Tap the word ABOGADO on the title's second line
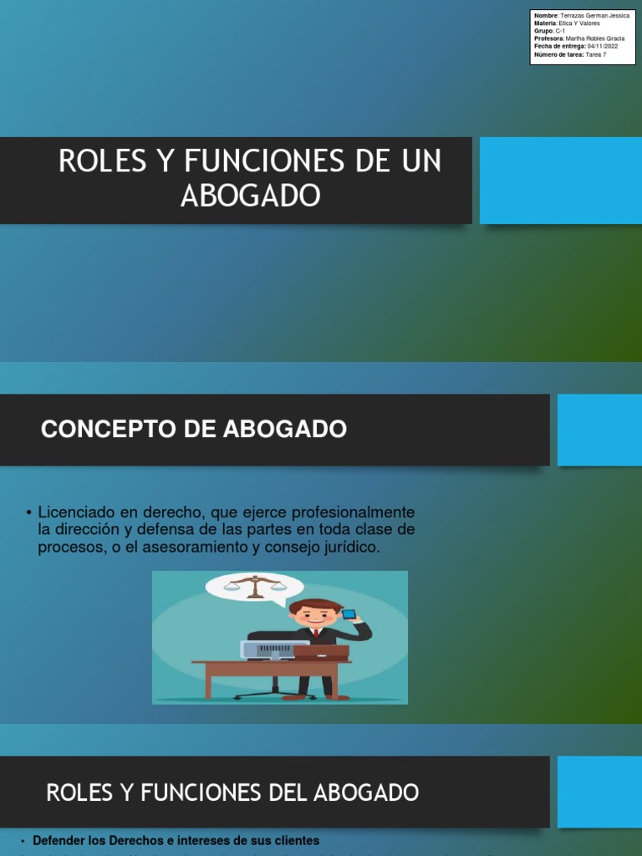point(250,196)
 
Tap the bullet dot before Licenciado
point(28,512)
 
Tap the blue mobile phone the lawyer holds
point(350,614)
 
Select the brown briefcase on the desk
point(320,651)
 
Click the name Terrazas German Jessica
point(594,16)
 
